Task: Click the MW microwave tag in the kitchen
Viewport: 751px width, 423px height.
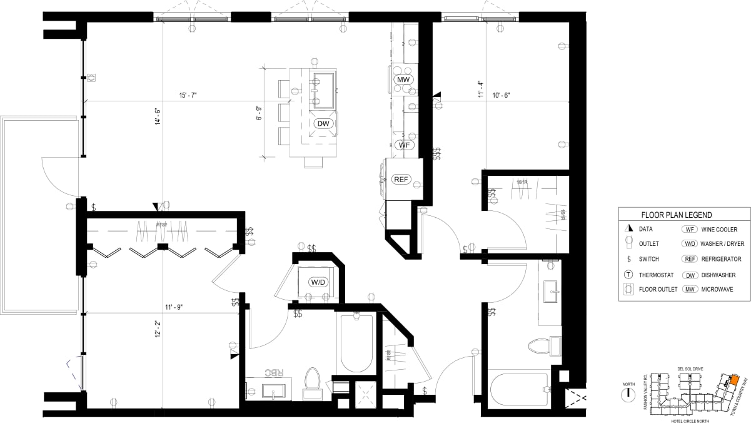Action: pyautogui.click(x=403, y=80)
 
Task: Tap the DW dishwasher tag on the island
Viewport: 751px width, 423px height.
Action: pyautogui.click(x=323, y=123)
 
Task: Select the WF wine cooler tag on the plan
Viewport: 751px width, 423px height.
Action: pyautogui.click(x=405, y=145)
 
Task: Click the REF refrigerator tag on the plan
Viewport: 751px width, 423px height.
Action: pyautogui.click(x=400, y=180)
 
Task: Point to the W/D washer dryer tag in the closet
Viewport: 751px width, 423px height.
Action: pyautogui.click(x=318, y=282)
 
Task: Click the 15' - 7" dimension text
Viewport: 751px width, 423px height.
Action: pyautogui.click(x=188, y=96)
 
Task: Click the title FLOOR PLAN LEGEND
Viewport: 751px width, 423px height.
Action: pyautogui.click(x=677, y=215)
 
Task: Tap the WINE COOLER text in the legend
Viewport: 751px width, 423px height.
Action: pyautogui.click(x=719, y=230)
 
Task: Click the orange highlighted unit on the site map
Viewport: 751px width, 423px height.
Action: pyautogui.click(x=735, y=380)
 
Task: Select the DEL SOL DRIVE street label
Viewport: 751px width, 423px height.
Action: pyautogui.click(x=690, y=369)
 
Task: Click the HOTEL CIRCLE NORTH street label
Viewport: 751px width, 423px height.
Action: pyautogui.click(x=692, y=420)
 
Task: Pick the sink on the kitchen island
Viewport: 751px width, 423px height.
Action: pyautogui.click(x=323, y=81)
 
